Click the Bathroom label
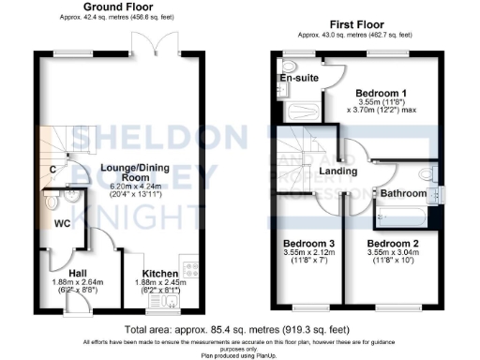click(403, 193)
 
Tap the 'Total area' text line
click(239, 330)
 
